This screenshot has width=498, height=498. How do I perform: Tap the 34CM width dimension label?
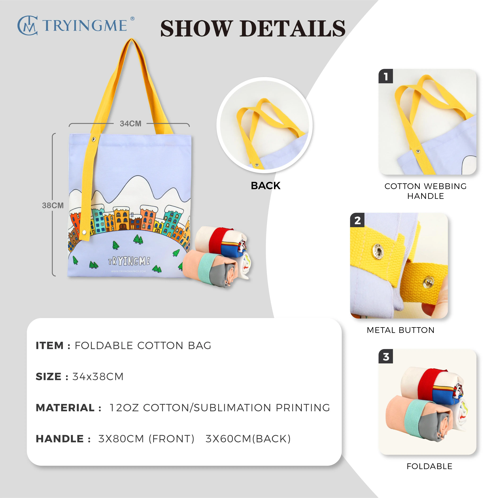[130, 124]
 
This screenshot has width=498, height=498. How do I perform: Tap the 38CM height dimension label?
[53, 205]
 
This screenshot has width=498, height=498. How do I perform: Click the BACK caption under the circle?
[265, 186]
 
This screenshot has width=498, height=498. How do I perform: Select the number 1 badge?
[386, 76]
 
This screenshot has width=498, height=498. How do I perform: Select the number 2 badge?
[357, 220]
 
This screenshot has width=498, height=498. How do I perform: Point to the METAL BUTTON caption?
[401, 330]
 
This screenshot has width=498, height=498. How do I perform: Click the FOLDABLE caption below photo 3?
[429, 466]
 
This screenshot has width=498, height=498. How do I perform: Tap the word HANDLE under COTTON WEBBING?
[426, 196]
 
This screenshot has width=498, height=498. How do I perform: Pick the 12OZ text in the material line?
[124, 408]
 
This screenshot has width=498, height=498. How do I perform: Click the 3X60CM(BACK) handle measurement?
[248, 439]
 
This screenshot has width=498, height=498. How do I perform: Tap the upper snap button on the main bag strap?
[94, 139]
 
